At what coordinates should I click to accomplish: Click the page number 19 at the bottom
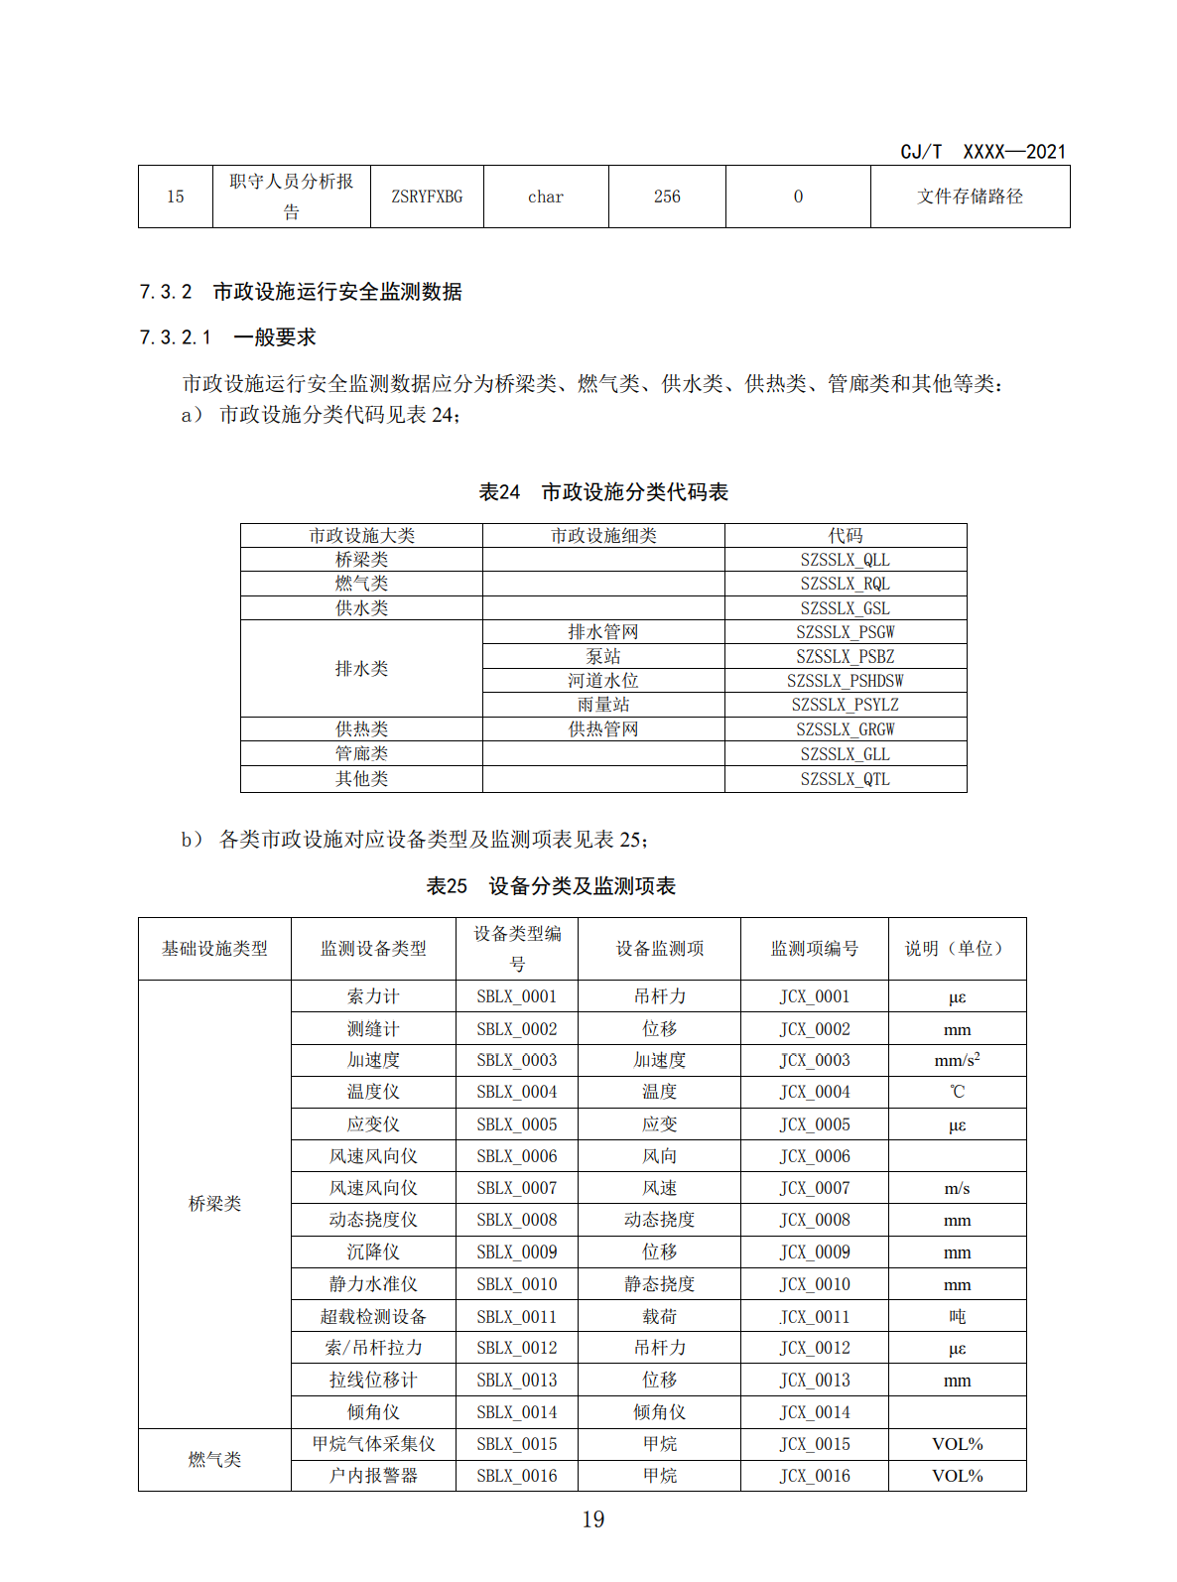[x=592, y=1519]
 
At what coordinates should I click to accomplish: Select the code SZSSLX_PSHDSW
[x=845, y=681]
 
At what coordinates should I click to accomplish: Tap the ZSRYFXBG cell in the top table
[x=427, y=197]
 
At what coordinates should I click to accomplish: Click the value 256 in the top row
[x=667, y=197]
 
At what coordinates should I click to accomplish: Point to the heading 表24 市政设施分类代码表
[x=603, y=492]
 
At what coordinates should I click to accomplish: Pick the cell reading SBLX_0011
[x=516, y=1317]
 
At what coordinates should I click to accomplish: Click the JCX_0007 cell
[x=814, y=1188]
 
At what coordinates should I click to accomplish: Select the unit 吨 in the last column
[x=957, y=1317]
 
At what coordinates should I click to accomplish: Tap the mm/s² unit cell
[x=957, y=1060]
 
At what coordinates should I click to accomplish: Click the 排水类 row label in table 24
[x=361, y=669]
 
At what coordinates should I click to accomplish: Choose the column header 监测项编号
[x=814, y=949]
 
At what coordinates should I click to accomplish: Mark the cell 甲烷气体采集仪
[x=373, y=1444]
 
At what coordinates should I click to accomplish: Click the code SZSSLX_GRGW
[x=845, y=729]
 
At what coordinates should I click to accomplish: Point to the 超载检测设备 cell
[x=373, y=1317]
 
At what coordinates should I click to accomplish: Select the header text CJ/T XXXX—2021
[x=982, y=152]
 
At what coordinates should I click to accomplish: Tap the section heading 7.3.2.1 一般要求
[x=227, y=337]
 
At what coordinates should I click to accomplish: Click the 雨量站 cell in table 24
[x=603, y=705]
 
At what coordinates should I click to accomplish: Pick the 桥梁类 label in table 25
[x=214, y=1204]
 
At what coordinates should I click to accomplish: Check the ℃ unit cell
[x=957, y=1092]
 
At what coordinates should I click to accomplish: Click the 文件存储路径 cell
[x=970, y=197]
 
